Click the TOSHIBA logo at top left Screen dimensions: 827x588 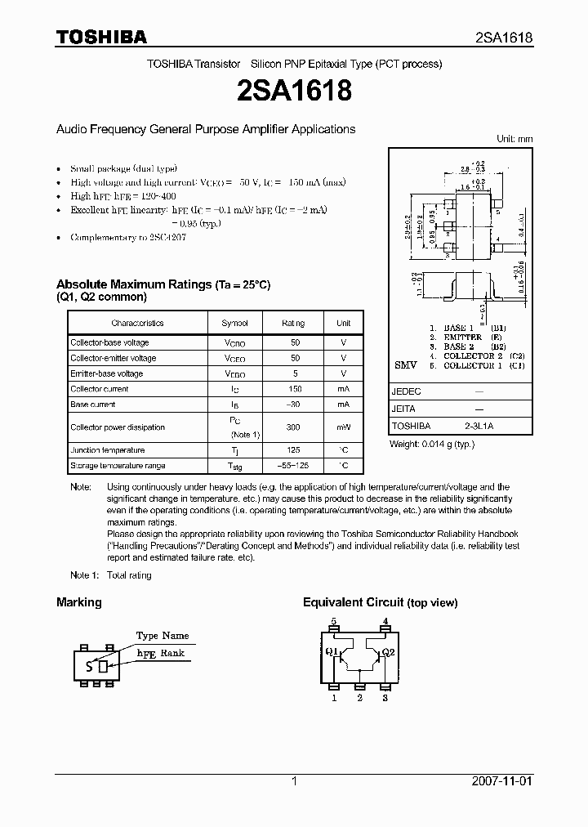(101, 37)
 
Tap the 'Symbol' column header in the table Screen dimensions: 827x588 (235, 324)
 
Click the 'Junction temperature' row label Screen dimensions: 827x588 (107, 450)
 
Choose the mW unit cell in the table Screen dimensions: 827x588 (344, 427)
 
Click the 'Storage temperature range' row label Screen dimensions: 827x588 (118, 466)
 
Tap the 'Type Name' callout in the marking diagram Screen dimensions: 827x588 (163, 635)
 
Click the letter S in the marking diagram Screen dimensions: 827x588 (88, 666)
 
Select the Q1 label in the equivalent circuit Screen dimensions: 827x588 (332, 652)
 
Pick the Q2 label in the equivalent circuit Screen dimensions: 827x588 (388, 652)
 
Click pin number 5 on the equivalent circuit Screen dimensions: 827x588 (333, 621)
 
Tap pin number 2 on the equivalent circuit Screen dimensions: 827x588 (359, 697)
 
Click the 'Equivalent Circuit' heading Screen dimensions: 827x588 (353, 602)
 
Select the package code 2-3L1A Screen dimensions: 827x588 (479, 426)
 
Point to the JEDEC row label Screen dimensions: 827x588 (406, 391)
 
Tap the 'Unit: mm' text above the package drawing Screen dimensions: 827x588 (514, 139)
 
